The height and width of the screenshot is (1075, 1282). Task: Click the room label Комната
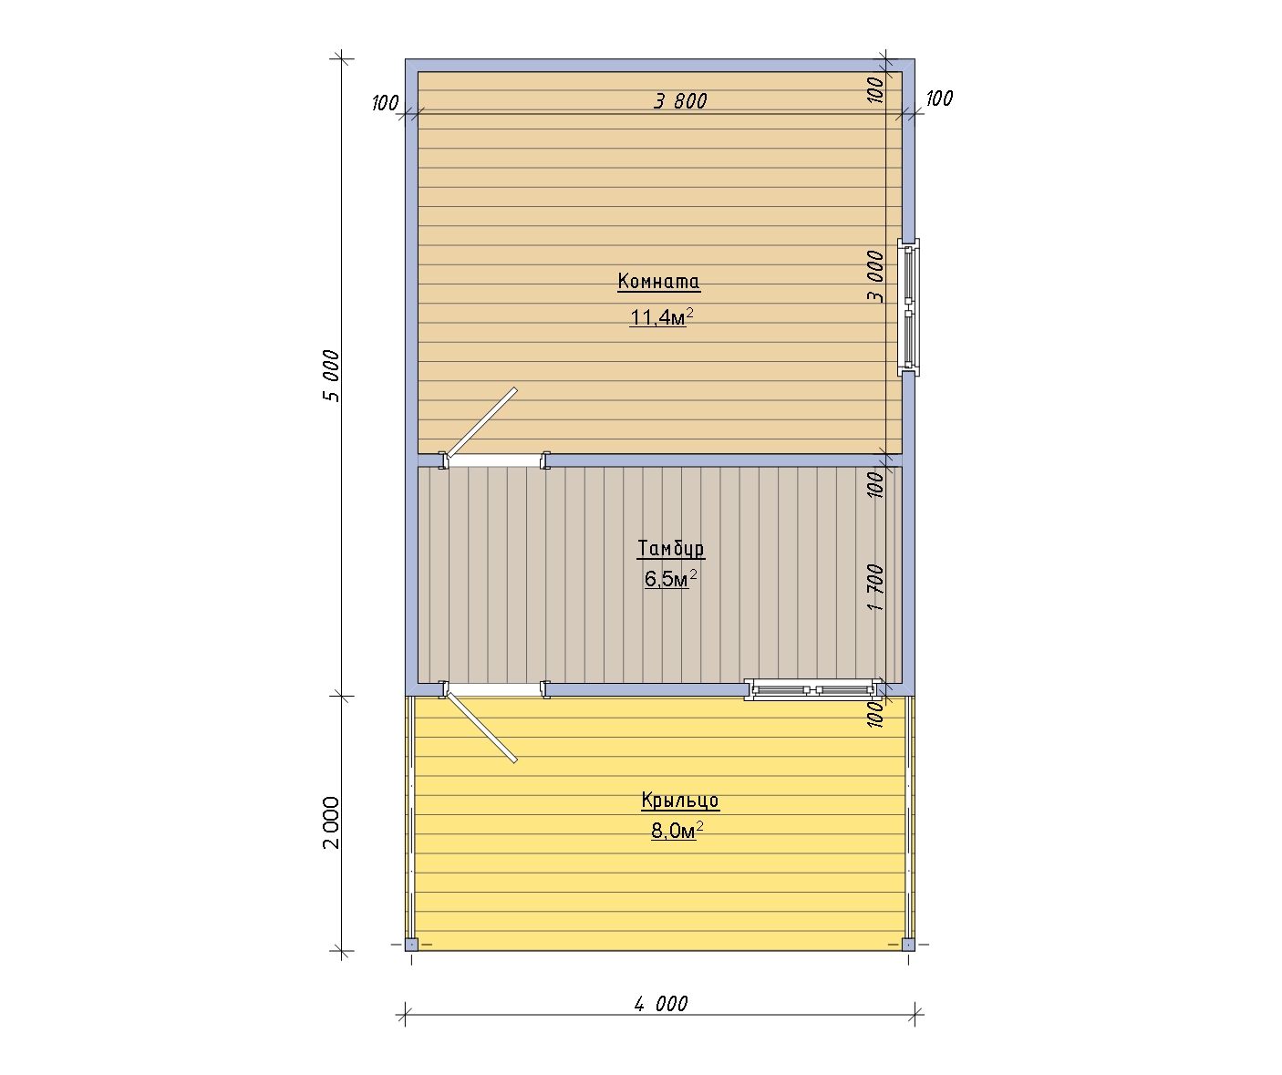(658, 281)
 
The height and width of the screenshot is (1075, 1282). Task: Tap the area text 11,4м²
(661, 316)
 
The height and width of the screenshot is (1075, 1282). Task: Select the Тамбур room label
(670, 548)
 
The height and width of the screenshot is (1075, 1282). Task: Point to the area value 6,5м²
(670, 578)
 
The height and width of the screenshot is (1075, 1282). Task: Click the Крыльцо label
(680, 800)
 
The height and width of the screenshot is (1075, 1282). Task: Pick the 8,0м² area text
(677, 831)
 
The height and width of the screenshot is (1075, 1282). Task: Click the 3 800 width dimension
(680, 100)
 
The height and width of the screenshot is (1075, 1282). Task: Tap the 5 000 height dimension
(331, 376)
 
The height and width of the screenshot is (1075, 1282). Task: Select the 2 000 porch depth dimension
(331, 822)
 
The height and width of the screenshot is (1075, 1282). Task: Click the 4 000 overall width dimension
(661, 1004)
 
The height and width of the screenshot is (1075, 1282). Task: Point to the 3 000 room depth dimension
(875, 276)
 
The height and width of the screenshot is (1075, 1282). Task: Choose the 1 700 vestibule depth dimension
(875, 587)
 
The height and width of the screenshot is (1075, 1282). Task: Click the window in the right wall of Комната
(909, 307)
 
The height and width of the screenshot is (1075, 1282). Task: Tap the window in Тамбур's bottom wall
(814, 690)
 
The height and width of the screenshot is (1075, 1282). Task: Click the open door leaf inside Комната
(482, 423)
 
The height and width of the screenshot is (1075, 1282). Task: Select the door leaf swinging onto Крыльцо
(482, 727)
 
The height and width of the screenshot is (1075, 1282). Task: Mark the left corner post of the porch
(411, 945)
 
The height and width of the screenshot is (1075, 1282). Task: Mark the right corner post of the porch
(909, 945)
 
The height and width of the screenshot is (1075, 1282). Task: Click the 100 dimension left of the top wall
(385, 102)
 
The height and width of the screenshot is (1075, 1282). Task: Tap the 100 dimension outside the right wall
(939, 98)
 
